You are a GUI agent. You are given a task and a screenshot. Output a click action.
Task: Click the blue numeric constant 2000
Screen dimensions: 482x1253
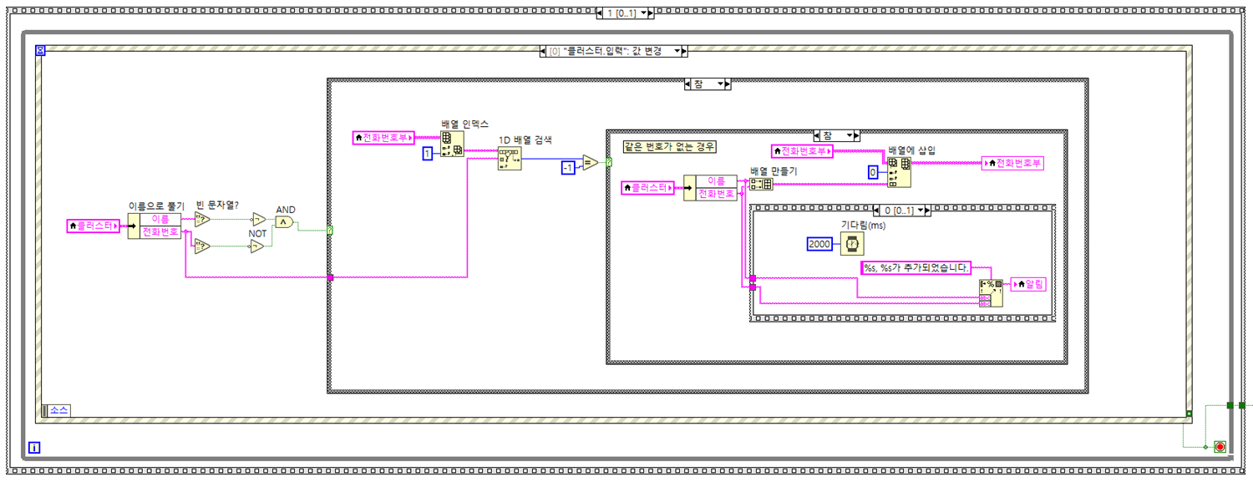click(x=819, y=244)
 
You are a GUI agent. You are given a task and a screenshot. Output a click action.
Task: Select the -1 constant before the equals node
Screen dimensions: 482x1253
click(x=568, y=168)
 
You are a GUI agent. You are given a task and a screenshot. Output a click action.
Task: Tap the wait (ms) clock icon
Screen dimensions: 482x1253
click(x=852, y=244)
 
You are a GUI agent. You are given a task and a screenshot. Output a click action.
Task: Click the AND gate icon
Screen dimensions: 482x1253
click(x=284, y=222)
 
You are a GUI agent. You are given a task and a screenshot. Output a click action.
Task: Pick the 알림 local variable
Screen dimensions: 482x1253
click(x=1027, y=285)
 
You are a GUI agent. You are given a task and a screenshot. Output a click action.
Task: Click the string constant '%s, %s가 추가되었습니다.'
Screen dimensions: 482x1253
click(x=916, y=267)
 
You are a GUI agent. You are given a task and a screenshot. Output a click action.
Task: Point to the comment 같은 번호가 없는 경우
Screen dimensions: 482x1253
click(x=669, y=146)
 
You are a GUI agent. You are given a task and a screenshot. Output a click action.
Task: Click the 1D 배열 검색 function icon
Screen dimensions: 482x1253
click(x=509, y=158)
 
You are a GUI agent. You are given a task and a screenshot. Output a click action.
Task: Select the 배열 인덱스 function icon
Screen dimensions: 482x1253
click(x=453, y=145)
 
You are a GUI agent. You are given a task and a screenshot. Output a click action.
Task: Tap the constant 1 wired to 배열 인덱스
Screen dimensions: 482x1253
click(x=427, y=154)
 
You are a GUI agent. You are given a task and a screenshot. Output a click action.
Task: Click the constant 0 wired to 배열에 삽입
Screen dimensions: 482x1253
click(x=873, y=172)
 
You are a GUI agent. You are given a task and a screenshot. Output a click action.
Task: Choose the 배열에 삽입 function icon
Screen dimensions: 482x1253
click(x=899, y=172)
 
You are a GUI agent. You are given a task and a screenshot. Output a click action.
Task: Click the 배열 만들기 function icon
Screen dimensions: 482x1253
click(x=761, y=185)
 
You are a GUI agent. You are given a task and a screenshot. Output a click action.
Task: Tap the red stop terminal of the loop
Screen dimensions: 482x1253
click(x=1220, y=447)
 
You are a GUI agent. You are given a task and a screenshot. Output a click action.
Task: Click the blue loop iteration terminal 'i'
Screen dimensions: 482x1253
click(x=34, y=448)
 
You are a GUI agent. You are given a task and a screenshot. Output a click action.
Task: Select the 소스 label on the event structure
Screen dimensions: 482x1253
click(x=58, y=410)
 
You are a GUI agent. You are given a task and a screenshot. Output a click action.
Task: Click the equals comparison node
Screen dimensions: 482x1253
click(x=590, y=163)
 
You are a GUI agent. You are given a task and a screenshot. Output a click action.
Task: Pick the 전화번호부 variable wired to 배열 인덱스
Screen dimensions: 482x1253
click(x=383, y=138)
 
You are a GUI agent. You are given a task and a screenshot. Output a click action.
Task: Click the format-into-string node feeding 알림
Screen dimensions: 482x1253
click(x=991, y=293)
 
